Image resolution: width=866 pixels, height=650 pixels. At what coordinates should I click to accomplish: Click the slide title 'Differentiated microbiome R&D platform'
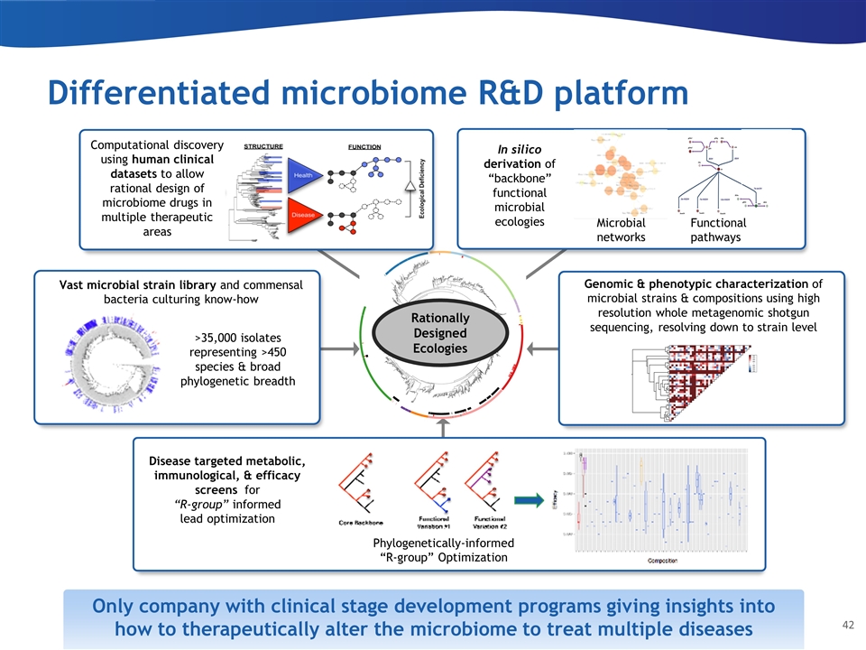(x=367, y=94)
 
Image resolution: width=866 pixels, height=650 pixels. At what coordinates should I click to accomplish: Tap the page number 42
(x=847, y=625)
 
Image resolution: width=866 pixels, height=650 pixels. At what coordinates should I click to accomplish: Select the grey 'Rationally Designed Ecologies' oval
(x=440, y=333)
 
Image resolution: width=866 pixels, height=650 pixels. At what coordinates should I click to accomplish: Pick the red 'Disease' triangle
(x=302, y=215)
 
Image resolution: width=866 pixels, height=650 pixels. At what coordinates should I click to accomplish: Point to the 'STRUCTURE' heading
(x=263, y=145)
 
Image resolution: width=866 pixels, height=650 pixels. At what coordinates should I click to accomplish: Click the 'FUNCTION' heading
(x=364, y=145)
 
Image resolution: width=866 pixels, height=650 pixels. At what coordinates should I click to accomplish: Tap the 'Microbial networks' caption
(x=622, y=230)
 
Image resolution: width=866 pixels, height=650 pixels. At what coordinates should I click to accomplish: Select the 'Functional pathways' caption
(x=717, y=230)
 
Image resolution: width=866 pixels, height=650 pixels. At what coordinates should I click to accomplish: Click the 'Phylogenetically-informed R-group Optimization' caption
(x=443, y=550)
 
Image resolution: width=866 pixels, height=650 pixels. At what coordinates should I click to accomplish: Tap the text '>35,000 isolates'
(x=237, y=339)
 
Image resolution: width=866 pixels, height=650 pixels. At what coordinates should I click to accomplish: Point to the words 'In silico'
(x=518, y=148)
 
